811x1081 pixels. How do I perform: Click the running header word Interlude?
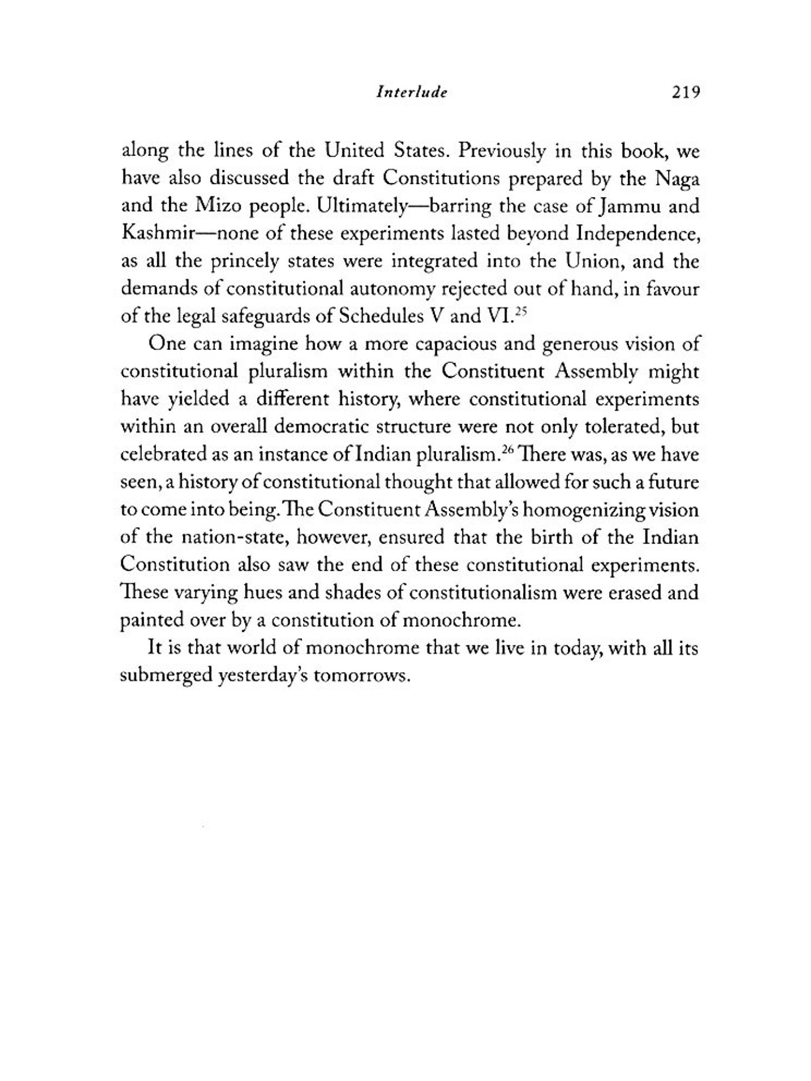(x=412, y=92)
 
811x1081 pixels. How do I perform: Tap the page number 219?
(x=686, y=92)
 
